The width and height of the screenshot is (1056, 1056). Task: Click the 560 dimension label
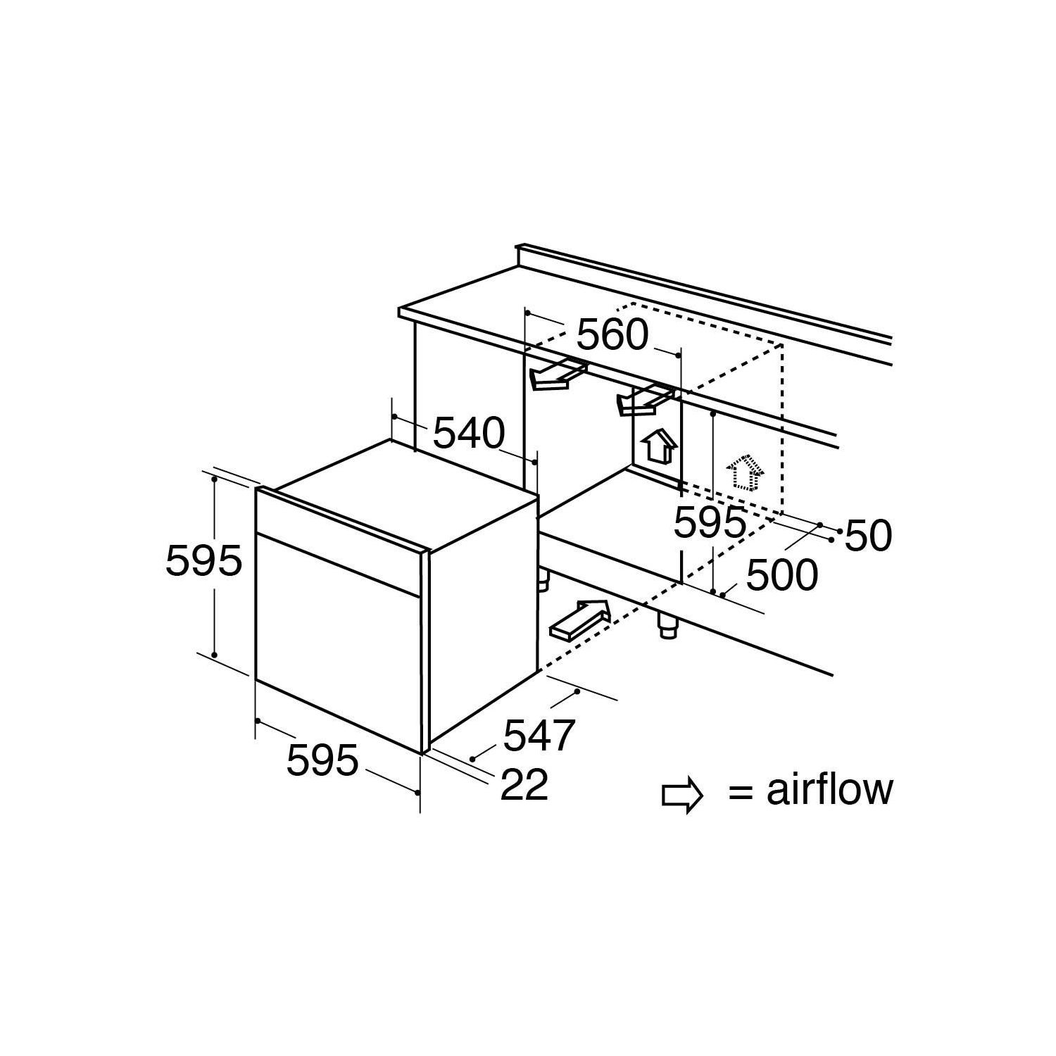(612, 335)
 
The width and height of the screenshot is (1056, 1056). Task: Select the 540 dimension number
(468, 433)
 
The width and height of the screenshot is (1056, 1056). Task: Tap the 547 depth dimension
(539, 734)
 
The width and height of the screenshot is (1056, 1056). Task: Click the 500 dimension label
(782, 574)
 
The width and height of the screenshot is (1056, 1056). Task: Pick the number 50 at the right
(868, 536)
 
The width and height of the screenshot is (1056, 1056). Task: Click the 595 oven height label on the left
(203, 561)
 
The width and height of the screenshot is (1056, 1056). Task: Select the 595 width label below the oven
(323, 760)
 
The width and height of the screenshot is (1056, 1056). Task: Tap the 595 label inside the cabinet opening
(710, 522)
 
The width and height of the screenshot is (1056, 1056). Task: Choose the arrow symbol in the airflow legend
(682, 794)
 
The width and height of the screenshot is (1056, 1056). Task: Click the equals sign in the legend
(742, 793)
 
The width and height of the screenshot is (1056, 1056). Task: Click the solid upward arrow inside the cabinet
(659, 445)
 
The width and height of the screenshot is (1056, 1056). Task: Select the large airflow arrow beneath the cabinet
(579, 620)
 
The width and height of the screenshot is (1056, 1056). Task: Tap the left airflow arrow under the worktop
(558, 375)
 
